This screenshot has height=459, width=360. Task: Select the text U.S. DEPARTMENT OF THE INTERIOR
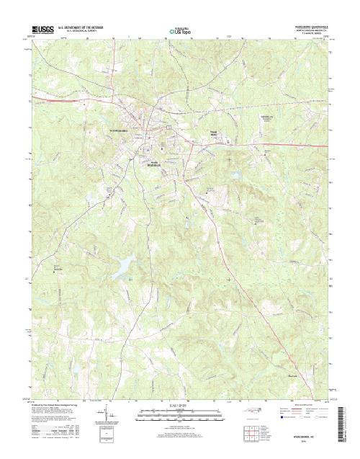click(x=84, y=26)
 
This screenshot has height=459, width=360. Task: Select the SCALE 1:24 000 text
click(x=180, y=408)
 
